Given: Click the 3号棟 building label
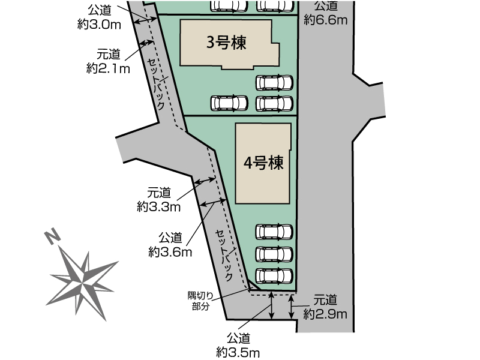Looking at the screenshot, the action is [x=226, y=43].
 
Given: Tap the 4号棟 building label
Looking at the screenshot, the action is [x=263, y=163].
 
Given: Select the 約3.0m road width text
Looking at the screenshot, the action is [x=99, y=24].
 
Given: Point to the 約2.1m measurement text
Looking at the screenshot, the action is [x=108, y=68].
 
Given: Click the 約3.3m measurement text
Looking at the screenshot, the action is [x=158, y=207].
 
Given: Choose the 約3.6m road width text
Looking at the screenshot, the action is [x=170, y=252].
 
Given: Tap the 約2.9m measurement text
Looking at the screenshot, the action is [x=325, y=314].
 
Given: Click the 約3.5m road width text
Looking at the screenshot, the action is [x=238, y=352].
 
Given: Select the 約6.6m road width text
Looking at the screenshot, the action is [x=325, y=20].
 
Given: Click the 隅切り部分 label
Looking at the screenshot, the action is [x=200, y=301].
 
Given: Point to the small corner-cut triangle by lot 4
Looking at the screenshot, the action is [x=253, y=286].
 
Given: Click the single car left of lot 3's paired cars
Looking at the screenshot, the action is [x=229, y=103].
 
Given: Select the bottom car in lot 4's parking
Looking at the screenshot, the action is [x=274, y=276].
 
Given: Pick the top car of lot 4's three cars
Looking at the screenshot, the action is [x=274, y=232].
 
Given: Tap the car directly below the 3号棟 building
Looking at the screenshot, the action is [x=274, y=83].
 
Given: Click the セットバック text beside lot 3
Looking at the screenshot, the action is [x=157, y=83].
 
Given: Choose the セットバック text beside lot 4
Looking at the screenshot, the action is [x=224, y=255].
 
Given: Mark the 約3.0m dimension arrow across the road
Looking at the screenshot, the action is [x=145, y=21].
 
